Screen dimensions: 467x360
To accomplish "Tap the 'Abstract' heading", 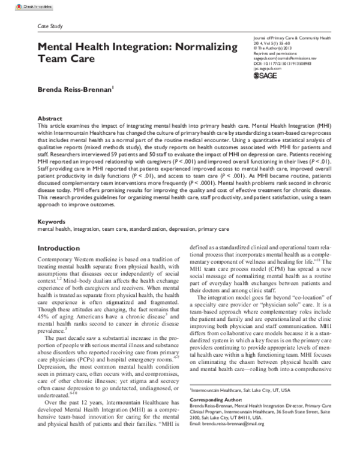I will point(50,119).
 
